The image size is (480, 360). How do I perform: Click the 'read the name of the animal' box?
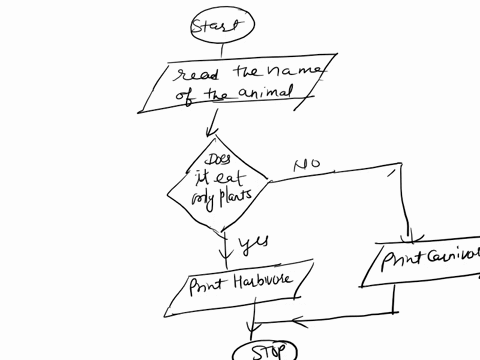tap(236, 85)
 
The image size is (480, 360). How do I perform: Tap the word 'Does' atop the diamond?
tap(215, 160)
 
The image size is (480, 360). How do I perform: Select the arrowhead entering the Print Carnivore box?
tap(408, 238)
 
